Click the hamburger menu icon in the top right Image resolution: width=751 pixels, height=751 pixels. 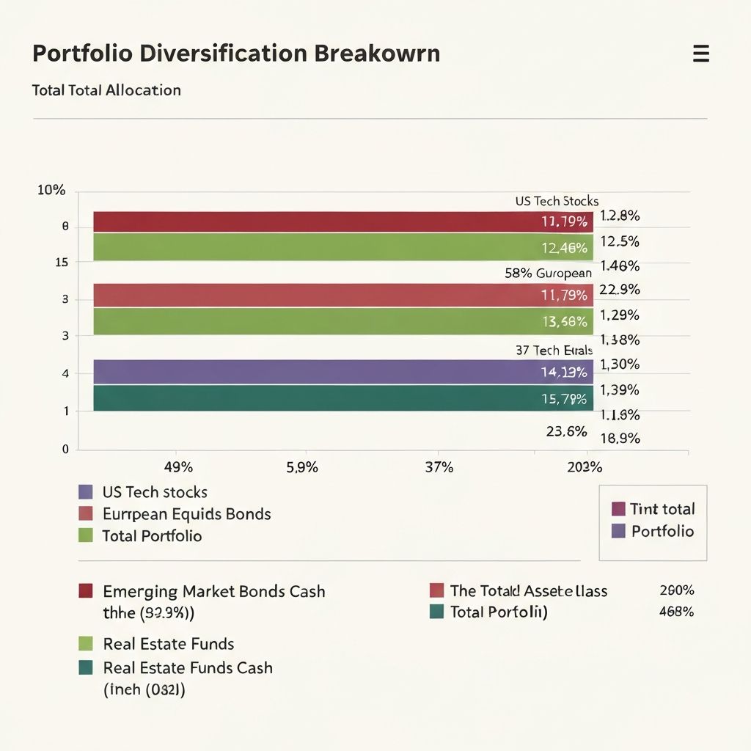click(700, 54)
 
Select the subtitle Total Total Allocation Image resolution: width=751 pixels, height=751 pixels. click(106, 90)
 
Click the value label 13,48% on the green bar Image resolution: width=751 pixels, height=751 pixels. click(564, 321)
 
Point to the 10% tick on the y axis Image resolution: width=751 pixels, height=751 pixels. click(51, 191)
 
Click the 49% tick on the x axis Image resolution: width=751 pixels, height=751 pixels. click(178, 467)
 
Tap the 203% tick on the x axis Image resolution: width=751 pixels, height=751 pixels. click(585, 467)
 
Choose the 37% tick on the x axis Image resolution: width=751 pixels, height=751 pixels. click(439, 467)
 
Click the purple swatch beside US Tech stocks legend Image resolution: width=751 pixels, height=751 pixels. click(86, 492)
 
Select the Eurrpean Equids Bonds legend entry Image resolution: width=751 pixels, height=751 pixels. click(186, 514)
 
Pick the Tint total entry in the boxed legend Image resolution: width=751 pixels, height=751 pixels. click(662, 509)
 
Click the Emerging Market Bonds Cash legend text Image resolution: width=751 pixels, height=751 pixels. click(213, 591)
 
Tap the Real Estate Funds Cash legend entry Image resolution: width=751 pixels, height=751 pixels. click(187, 667)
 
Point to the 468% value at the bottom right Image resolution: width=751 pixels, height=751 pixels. click(676, 612)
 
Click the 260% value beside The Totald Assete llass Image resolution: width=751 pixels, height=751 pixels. click(676, 590)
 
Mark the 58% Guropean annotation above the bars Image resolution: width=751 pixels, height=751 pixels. click(548, 273)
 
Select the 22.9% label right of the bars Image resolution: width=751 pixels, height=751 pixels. click(620, 290)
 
